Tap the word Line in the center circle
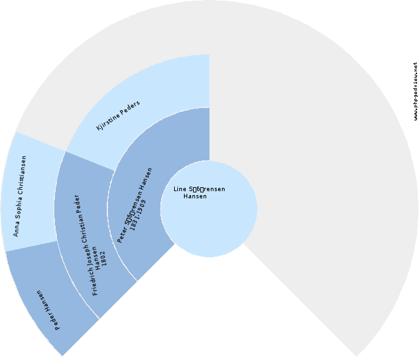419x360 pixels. coord(179,189)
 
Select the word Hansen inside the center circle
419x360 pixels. coord(195,196)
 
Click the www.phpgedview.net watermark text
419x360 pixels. coord(415,92)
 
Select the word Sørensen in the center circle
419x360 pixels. coord(207,189)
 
